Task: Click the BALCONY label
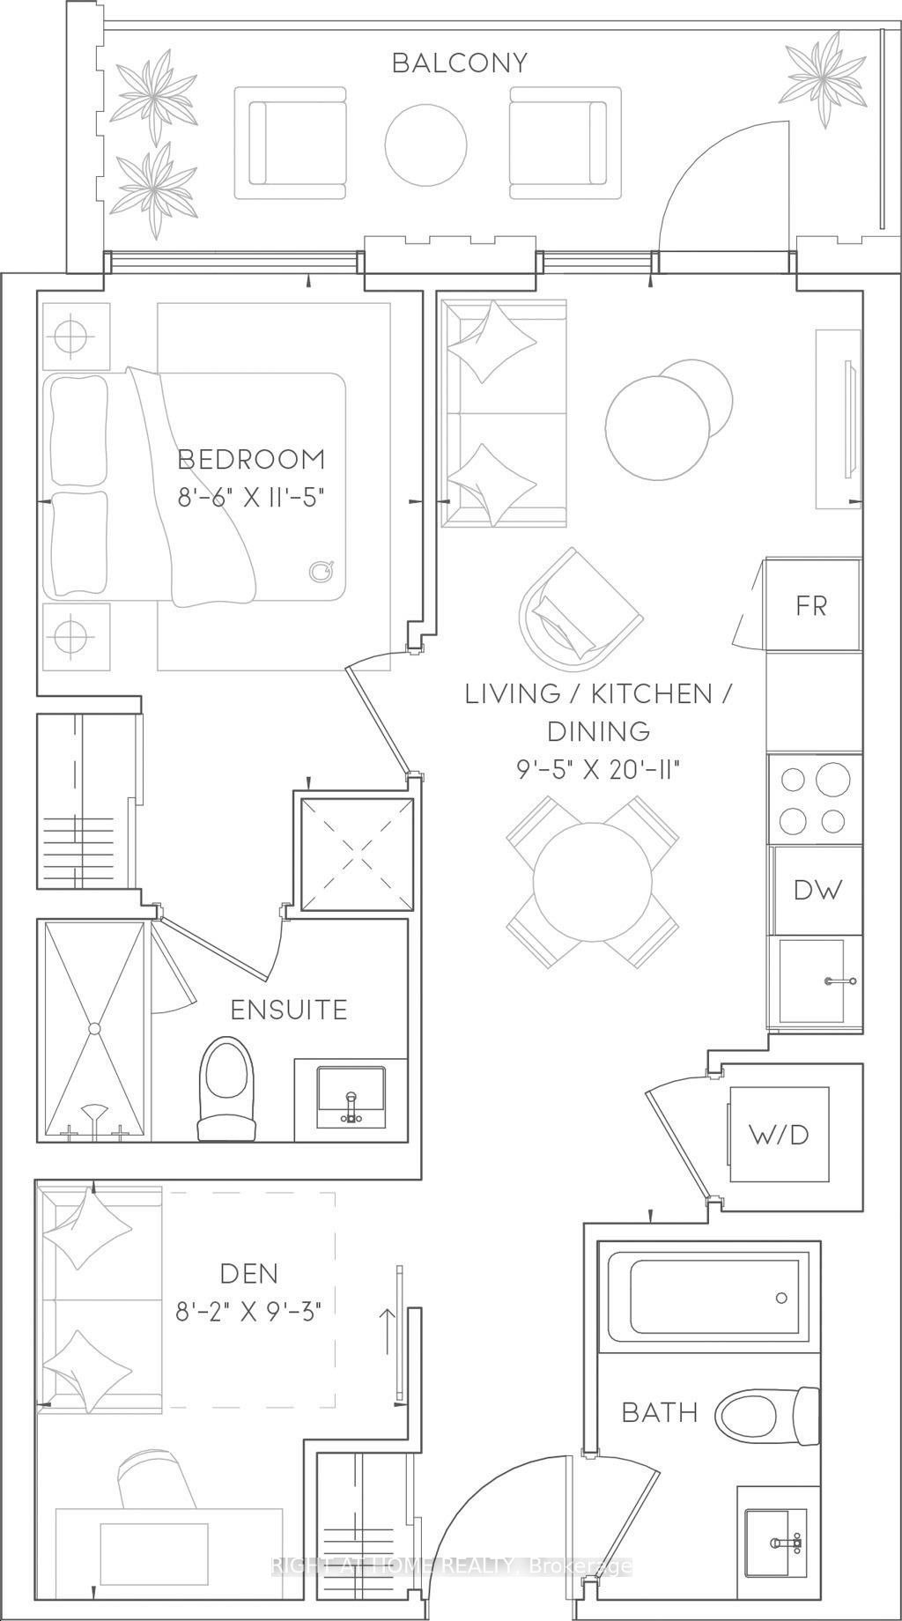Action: click(460, 63)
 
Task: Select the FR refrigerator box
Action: click(813, 605)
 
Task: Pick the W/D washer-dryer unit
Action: click(779, 1134)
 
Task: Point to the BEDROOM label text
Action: click(251, 459)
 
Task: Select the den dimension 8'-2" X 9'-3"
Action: click(248, 1312)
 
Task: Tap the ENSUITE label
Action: click(289, 1010)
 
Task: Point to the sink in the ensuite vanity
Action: click(351, 1096)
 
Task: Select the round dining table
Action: click(593, 882)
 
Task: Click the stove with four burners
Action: click(815, 799)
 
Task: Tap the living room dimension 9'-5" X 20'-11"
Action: click(601, 770)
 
